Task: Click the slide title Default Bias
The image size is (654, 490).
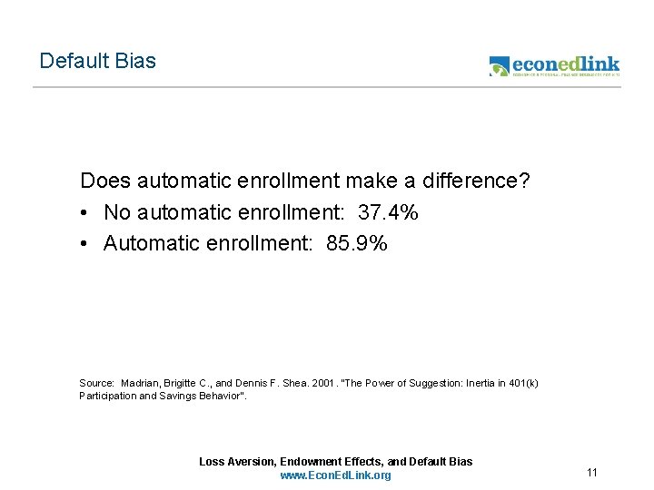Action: [x=97, y=62]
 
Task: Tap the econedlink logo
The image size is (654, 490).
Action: [x=554, y=65]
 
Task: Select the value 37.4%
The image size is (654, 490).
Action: [x=389, y=212]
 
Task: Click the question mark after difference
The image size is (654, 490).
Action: [x=524, y=181]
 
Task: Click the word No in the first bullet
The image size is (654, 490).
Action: [x=117, y=212]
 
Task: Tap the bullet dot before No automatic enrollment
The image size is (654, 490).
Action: [x=84, y=213]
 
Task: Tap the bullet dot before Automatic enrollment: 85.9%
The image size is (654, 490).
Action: [x=84, y=244]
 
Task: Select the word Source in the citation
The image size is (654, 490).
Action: [x=96, y=383]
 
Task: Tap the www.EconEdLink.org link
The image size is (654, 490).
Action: [x=335, y=475]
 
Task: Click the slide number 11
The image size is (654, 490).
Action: [x=592, y=473]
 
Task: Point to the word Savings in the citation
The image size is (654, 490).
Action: [x=172, y=396]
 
